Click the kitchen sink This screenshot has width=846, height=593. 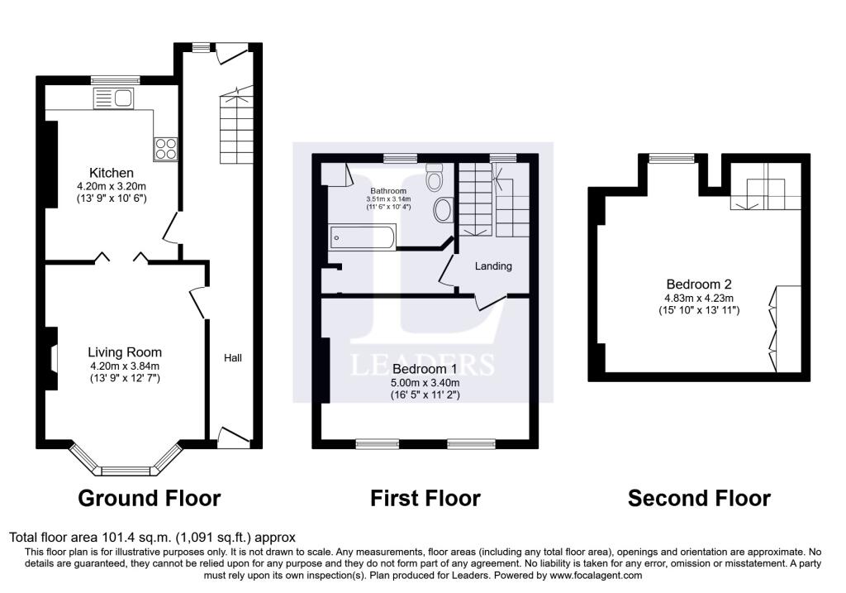point(113,98)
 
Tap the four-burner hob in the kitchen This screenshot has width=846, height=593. point(165,149)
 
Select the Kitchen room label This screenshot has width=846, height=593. point(112,173)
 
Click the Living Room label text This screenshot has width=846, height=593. point(125,352)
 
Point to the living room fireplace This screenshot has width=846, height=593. point(52,358)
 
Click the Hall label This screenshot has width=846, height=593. point(233,357)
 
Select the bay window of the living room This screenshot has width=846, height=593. point(126,461)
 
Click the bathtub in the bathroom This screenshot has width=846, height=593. point(363,237)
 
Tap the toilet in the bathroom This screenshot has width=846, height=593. point(434,177)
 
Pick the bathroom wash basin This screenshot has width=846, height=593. point(444,209)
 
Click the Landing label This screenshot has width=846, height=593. point(493,265)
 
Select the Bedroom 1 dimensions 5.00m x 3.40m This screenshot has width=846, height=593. point(425,382)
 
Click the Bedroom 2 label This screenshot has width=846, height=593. point(699,284)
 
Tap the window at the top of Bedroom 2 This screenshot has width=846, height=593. point(672,158)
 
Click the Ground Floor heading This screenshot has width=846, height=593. point(150,498)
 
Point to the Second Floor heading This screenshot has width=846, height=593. point(699,498)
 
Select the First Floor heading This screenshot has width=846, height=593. point(425,498)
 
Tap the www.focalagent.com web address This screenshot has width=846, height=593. point(596,575)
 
